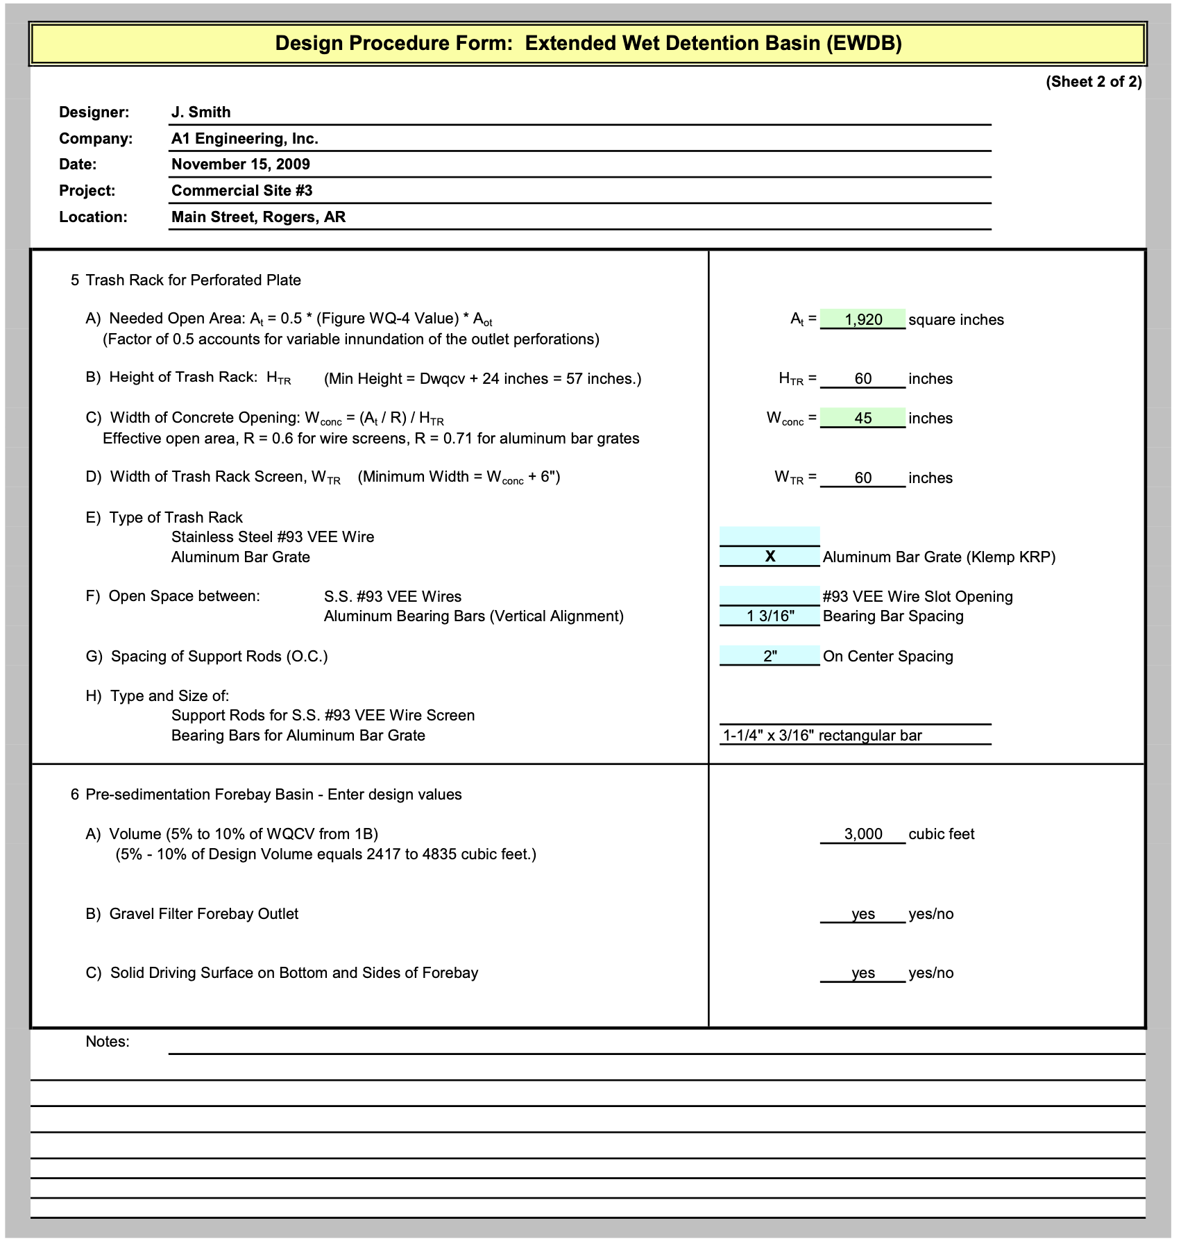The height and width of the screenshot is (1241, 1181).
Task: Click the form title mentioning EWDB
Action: pyautogui.click(x=588, y=44)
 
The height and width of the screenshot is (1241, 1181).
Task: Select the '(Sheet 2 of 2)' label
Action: pyautogui.click(x=1093, y=82)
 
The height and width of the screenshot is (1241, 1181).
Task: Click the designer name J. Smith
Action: pyautogui.click(x=201, y=112)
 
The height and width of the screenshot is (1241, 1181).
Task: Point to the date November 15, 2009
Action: pyautogui.click(x=241, y=164)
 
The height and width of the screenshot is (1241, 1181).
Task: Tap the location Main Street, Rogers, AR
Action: pyautogui.click(x=258, y=217)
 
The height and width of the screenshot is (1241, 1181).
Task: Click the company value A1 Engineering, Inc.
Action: pyautogui.click(x=245, y=139)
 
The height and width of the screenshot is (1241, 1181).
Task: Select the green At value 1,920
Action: pyautogui.click(x=863, y=319)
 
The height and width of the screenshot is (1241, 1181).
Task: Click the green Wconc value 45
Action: pyautogui.click(x=863, y=418)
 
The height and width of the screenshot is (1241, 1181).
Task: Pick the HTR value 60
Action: pyautogui.click(x=863, y=379)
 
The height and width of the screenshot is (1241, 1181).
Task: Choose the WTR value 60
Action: pyautogui.click(x=863, y=478)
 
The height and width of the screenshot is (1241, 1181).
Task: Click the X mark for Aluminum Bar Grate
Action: pyautogui.click(x=770, y=557)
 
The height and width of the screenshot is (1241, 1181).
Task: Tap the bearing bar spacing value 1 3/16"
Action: pyautogui.click(x=770, y=616)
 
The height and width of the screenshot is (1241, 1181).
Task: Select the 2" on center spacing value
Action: pyautogui.click(x=770, y=657)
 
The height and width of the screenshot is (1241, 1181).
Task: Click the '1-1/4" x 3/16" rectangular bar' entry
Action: pyautogui.click(x=822, y=736)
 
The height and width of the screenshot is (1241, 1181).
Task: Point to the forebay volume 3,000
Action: pyautogui.click(x=863, y=834)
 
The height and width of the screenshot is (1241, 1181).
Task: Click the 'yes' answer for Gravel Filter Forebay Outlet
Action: pyautogui.click(x=863, y=914)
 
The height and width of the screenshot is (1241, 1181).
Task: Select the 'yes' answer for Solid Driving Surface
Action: pyautogui.click(x=863, y=973)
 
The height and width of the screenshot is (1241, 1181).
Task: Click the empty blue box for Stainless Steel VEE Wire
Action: pyautogui.click(x=770, y=537)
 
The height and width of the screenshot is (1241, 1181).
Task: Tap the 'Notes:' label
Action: pyautogui.click(x=108, y=1042)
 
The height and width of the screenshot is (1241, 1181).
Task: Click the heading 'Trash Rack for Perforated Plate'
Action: pyautogui.click(x=193, y=280)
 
